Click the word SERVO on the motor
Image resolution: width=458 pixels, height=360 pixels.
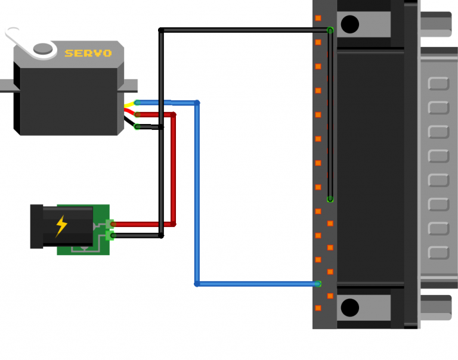(x=88, y=53)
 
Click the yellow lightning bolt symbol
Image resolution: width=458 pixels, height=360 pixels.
(x=61, y=226)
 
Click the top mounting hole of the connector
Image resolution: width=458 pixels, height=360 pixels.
(x=349, y=24)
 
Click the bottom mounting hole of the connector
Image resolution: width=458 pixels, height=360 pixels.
(x=349, y=308)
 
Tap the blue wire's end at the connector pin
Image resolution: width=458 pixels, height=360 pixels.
(x=318, y=284)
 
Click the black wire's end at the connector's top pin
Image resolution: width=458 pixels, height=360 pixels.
(x=330, y=29)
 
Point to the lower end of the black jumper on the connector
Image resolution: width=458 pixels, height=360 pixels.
(x=330, y=199)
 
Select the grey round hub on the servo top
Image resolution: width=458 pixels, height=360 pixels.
(x=42, y=48)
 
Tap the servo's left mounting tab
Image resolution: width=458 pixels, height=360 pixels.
(x=6, y=86)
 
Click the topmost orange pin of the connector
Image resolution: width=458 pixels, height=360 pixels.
(x=318, y=18)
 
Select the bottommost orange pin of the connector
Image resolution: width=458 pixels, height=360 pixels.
(x=318, y=308)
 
